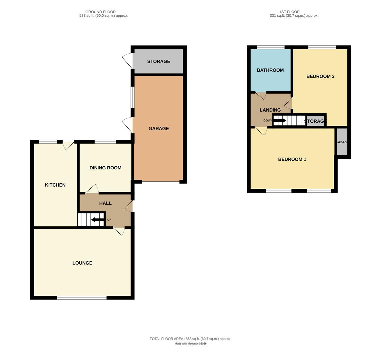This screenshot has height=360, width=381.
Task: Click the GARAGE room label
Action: point(159,129)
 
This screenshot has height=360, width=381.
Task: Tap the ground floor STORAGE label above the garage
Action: point(159,61)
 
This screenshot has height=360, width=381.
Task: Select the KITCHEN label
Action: point(55,185)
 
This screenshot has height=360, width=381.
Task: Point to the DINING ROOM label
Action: point(105,168)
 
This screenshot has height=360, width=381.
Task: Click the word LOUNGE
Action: point(82,263)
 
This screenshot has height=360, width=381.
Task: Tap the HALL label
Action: point(105,203)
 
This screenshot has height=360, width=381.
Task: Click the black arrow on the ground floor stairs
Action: point(97,220)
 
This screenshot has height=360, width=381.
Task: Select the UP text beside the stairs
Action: point(109,220)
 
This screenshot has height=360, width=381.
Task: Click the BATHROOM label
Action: point(270,70)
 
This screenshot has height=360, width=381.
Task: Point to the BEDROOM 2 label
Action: point(320,76)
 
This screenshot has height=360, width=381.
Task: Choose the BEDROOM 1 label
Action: point(292,159)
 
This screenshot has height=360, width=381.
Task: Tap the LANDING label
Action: point(270,110)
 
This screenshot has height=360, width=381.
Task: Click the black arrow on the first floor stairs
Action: point(279,120)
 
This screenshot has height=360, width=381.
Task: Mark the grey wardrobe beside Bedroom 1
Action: point(342,142)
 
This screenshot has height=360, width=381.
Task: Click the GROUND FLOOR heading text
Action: point(101,12)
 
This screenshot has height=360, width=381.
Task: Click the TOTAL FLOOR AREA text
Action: point(190,339)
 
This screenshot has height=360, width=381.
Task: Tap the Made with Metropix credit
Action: point(190,344)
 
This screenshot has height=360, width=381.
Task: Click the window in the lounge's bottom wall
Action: point(82,298)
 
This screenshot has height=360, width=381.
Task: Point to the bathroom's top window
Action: point(271,47)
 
